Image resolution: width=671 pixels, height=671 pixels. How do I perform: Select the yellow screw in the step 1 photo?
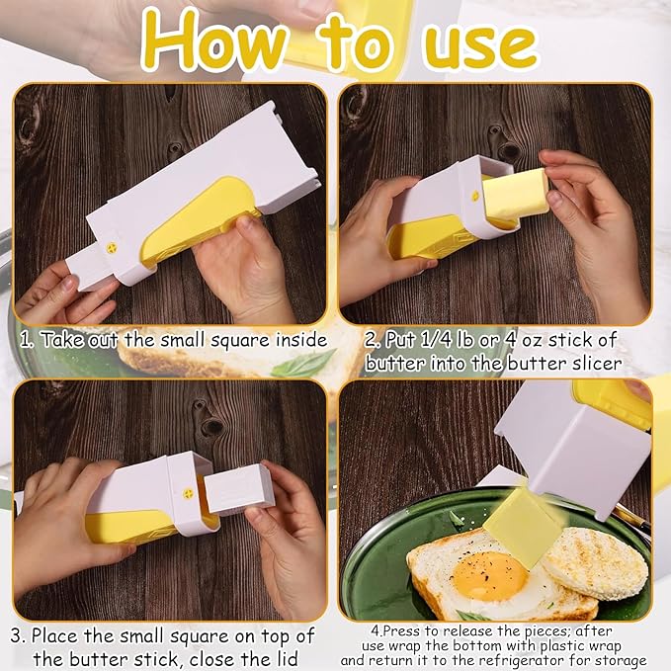pos(112,247)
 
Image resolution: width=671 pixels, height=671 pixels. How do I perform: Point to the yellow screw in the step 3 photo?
pos(188,493)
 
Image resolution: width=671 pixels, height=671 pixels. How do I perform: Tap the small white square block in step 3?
pos(238,489)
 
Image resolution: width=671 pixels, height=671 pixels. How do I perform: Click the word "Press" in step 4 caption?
pos(402,630)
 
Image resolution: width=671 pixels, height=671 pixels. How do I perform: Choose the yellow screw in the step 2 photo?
pos(474,197)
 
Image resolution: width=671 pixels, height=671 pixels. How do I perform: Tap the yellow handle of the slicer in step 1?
pos(202,221)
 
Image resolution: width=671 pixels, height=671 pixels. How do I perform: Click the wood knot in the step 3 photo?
pos(210,424)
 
